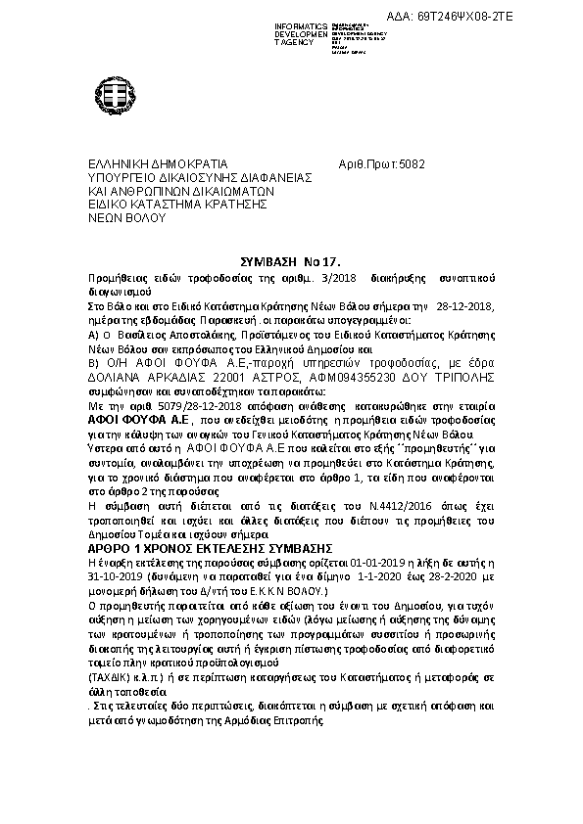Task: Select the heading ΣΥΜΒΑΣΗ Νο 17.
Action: [x=290, y=263]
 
